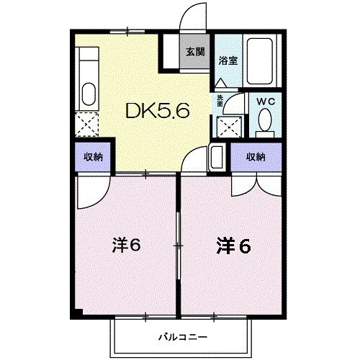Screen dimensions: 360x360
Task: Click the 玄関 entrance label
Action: click(195, 52)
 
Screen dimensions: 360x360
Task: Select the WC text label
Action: click(266, 102)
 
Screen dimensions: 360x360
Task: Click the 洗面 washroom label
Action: click(220, 101)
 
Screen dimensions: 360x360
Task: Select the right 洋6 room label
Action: click(234, 246)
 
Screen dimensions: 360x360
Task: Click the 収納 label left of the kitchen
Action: click(91, 157)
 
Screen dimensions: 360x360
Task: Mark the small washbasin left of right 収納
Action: click(217, 157)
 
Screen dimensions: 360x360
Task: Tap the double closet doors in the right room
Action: click(256, 184)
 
